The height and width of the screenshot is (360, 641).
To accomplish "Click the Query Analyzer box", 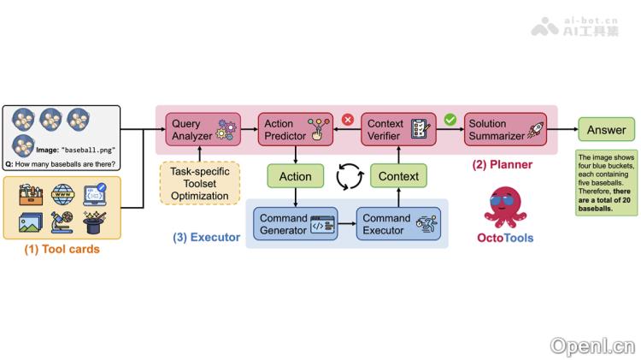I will [x=201, y=130].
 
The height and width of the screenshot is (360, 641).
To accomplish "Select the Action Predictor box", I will [x=294, y=130].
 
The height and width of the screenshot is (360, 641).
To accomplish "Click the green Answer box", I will [x=606, y=130].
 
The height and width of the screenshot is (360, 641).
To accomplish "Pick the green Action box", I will [x=295, y=177].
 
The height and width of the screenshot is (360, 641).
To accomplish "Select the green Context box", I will [x=398, y=177].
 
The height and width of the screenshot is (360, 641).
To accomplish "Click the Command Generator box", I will [x=295, y=224].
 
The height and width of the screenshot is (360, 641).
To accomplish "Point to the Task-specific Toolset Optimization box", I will [x=199, y=183].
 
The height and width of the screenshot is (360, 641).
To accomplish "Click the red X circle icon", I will [x=348, y=120].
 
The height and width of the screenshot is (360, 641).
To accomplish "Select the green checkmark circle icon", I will [x=450, y=120].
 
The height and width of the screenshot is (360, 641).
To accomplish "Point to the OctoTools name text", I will [x=504, y=237].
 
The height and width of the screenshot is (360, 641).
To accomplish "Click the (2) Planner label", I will [x=503, y=164].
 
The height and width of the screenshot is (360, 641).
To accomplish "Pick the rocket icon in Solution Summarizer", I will [x=535, y=130].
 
